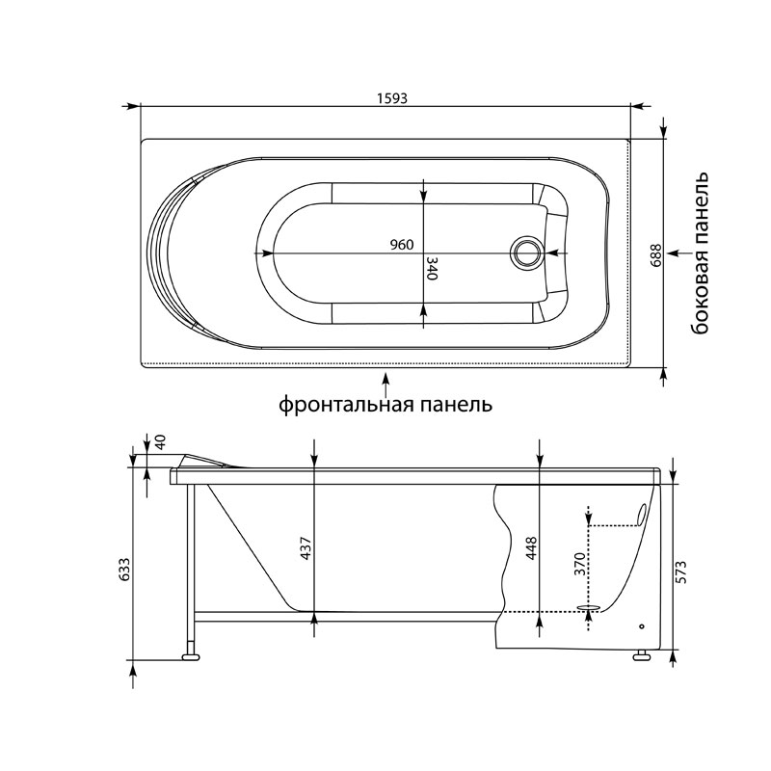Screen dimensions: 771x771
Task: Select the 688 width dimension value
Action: coord(655,254)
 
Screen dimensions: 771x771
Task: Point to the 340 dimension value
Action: coord(433,269)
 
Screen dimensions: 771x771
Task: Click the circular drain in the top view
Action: coord(527,253)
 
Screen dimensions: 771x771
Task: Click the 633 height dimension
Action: coord(124,572)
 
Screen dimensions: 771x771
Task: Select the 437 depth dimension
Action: coord(306,548)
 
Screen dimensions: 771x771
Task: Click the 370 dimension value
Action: coord(580,565)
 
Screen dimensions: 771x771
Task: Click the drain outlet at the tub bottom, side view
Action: coord(587,608)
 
